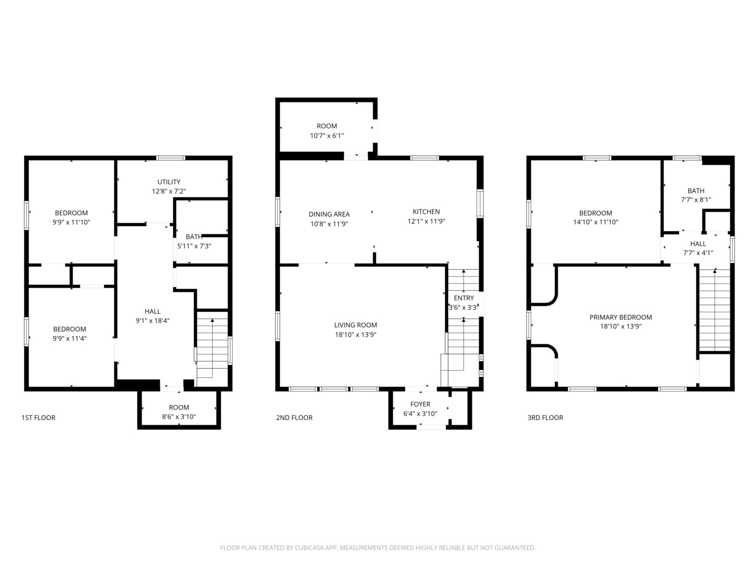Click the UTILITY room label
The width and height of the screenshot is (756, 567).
pyautogui.click(x=169, y=182)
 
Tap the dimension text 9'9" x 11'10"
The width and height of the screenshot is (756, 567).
pyautogui.click(x=71, y=222)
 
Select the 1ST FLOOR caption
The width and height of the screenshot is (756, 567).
pyautogui.click(x=38, y=418)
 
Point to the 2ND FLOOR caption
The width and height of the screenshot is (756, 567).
pyautogui.click(x=294, y=418)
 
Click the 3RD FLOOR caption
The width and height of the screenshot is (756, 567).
pyautogui.click(x=545, y=418)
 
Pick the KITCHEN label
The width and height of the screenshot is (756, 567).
pyautogui.click(x=426, y=212)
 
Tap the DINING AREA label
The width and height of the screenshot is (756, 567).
pyautogui.click(x=329, y=214)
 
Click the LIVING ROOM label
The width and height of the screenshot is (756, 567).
pyautogui.click(x=355, y=325)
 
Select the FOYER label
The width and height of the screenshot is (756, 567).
pyautogui.click(x=420, y=404)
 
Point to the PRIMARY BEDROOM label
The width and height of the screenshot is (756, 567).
pyautogui.click(x=621, y=317)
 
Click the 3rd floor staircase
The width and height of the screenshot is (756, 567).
pyautogui.click(x=714, y=310)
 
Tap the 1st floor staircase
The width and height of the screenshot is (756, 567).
pyautogui.click(x=212, y=346)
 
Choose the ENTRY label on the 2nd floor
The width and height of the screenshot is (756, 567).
pyautogui.click(x=464, y=298)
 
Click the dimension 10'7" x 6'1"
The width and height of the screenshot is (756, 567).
pyautogui.click(x=327, y=135)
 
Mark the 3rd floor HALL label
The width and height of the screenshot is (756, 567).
pyautogui.click(x=698, y=244)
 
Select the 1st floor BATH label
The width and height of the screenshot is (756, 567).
pyautogui.click(x=194, y=237)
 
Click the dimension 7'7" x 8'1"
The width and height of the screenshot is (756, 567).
pyautogui.click(x=696, y=199)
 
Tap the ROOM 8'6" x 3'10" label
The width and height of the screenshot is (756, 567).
pyautogui.click(x=179, y=407)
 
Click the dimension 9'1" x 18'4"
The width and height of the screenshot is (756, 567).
pyautogui.click(x=152, y=321)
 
